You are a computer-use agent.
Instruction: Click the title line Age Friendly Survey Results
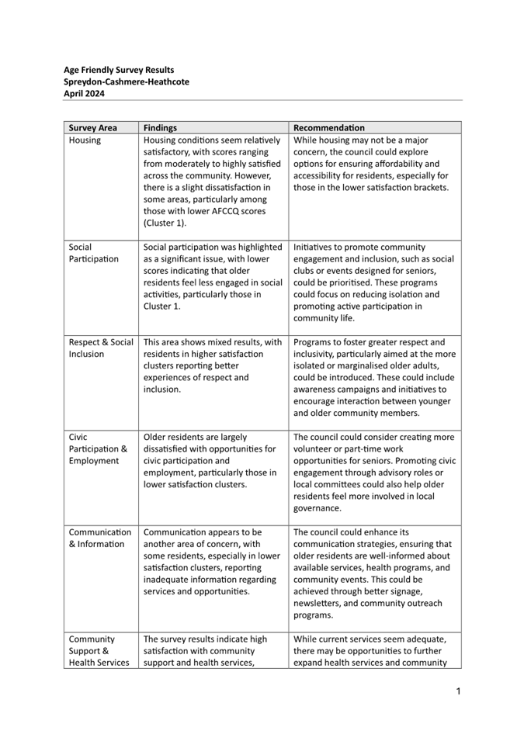[x=119, y=70]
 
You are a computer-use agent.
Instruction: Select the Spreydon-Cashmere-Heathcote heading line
[x=126, y=81]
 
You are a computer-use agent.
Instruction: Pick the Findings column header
[x=160, y=127]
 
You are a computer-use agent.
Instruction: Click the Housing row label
[x=85, y=140]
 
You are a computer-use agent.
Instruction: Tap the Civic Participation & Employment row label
[x=98, y=448]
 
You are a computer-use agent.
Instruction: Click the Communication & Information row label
[x=100, y=538]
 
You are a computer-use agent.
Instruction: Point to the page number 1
[x=459, y=691]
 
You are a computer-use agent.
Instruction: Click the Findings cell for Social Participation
[x=213, y=276]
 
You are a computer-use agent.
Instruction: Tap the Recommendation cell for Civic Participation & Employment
[x=374, y=473]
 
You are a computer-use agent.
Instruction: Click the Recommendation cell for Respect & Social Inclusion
[x=374, y=377]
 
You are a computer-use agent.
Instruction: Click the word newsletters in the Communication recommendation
[x=319, y=603]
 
